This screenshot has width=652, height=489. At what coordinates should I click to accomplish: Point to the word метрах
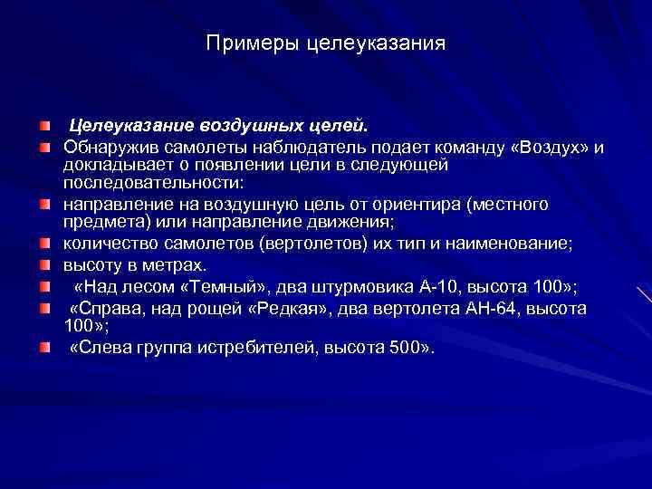tap(171, 265)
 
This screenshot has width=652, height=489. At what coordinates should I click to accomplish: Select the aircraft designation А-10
tap(443, 287)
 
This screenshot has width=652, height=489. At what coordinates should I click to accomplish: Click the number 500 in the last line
tap(401, 348)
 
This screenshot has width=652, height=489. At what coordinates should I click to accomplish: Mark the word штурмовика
tap(360, 287)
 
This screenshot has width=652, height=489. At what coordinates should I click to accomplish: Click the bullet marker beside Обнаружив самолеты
tap(44, 147)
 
